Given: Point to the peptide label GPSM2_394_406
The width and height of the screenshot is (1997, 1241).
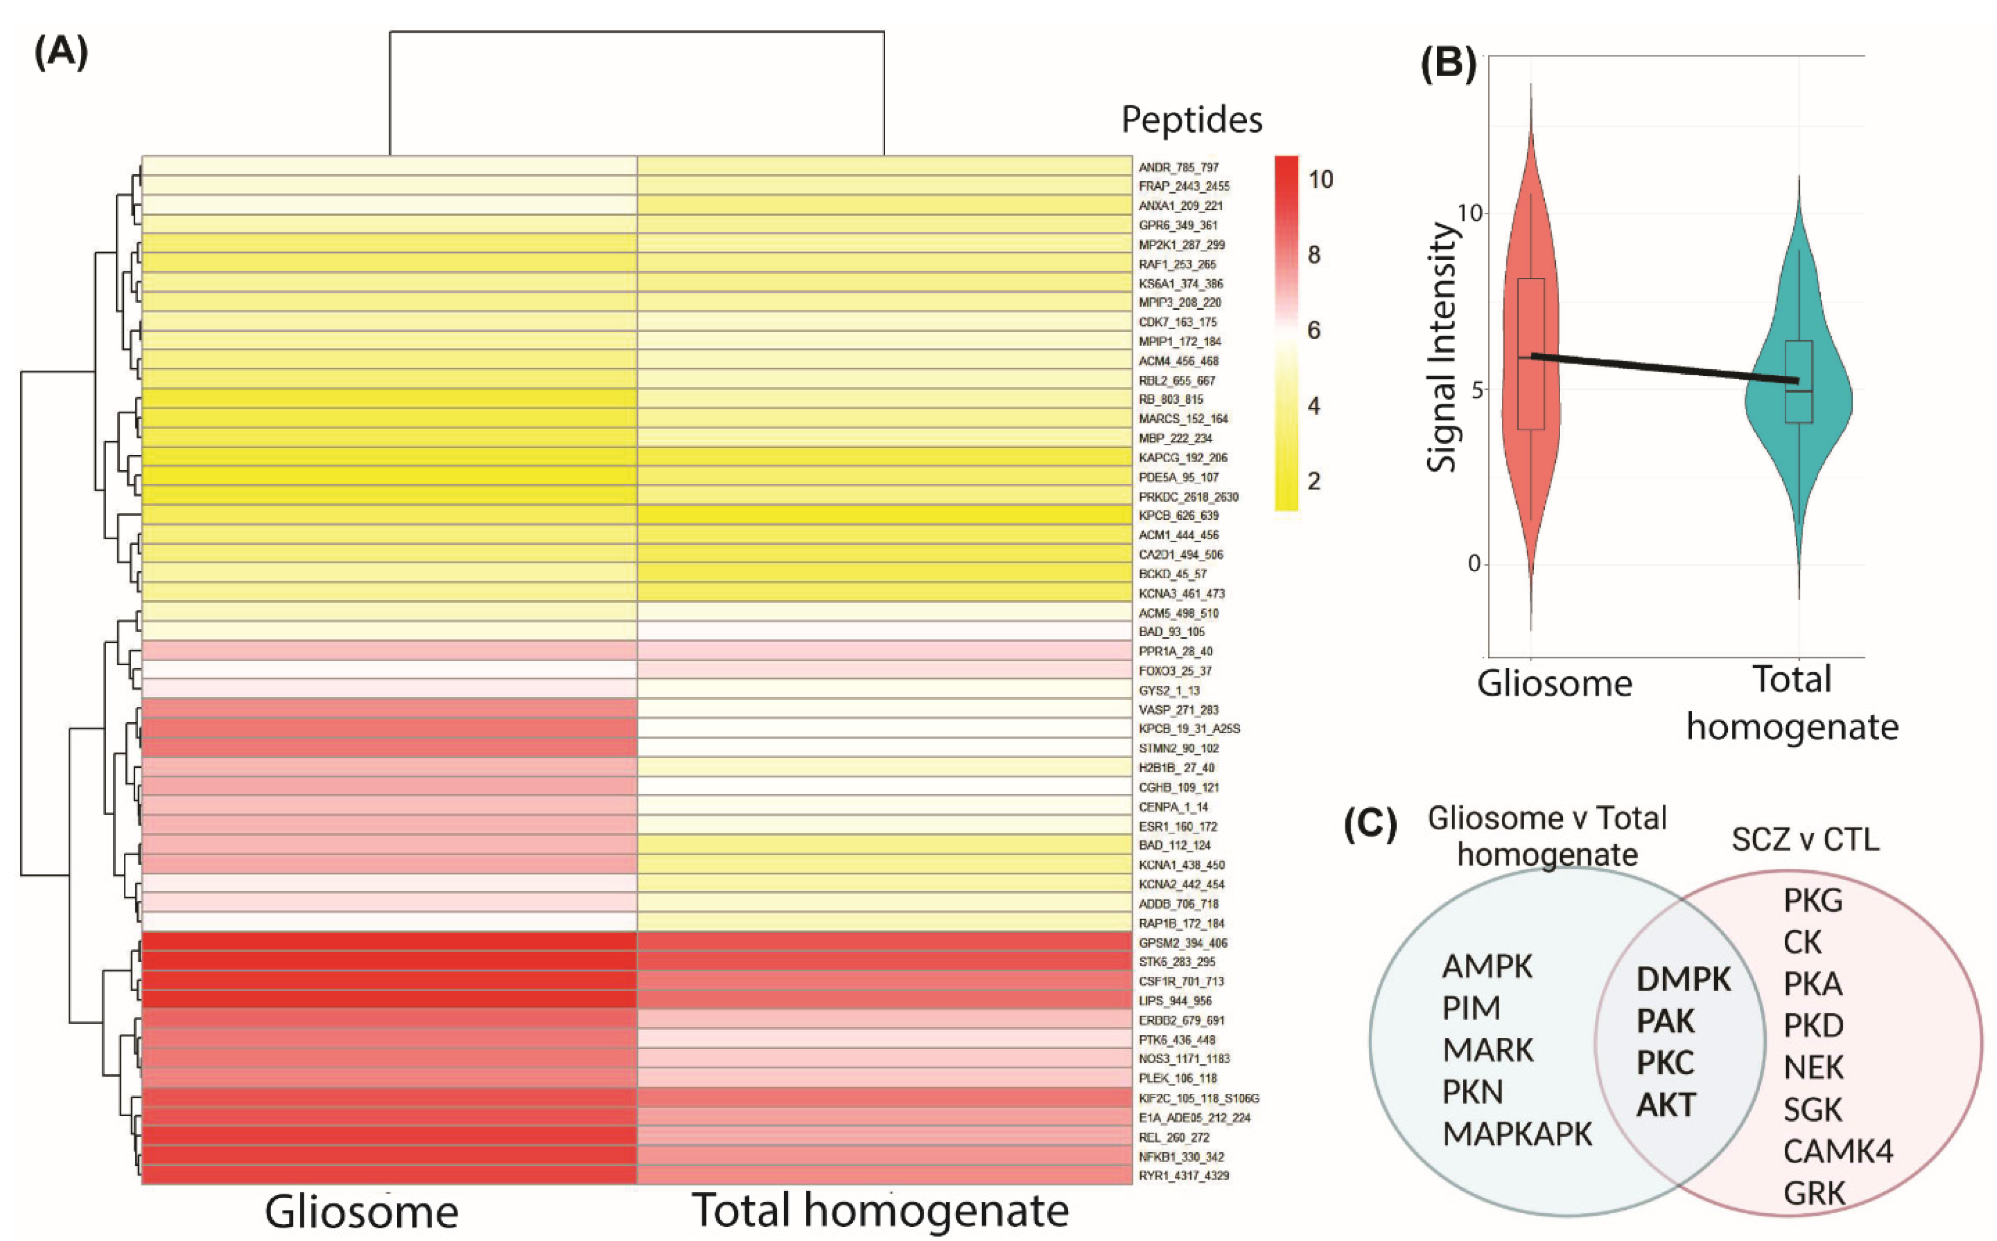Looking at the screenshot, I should [1183, 943].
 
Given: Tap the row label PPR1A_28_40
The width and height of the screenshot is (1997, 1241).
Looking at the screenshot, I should [1175, 651].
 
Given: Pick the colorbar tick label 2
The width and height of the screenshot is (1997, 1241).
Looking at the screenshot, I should [1314, 481].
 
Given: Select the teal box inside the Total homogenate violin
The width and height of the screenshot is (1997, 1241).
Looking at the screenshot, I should [1798, 382].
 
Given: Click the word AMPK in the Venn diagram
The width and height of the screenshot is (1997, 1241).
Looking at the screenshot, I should [1487, 967].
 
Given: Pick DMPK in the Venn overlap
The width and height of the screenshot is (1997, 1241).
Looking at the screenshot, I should [1684, 979].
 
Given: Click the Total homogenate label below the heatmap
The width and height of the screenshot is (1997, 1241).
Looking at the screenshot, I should [880, 1211].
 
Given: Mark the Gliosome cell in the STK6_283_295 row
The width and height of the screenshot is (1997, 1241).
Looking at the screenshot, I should [389, 962].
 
